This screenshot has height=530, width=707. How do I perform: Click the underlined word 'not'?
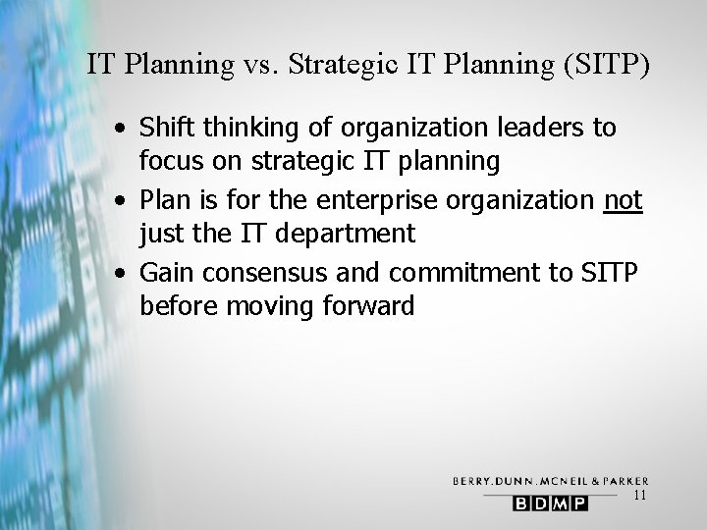(623, 201)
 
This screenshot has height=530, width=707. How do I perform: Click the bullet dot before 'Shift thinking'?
(118, 129)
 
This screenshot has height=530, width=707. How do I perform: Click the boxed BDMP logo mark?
(548, 503)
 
